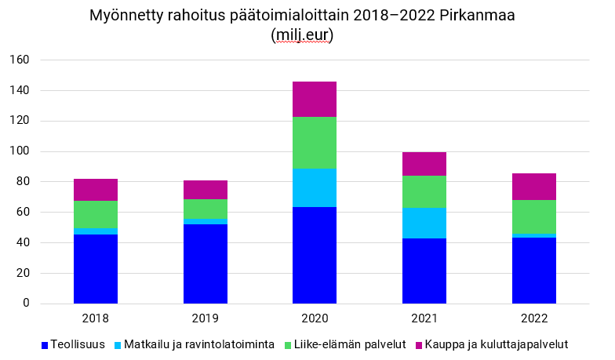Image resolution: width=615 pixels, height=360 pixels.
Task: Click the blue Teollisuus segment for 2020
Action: click(x=315, y=255)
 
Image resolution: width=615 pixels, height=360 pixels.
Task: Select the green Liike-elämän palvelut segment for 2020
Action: click(x=315, y=143)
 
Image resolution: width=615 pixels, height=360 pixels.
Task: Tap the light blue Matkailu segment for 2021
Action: click(x=424, y=223)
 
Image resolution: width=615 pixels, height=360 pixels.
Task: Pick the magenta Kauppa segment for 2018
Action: click(x=96, y=190)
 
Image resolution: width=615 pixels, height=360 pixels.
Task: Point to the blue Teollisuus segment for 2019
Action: click(x=206, y=264)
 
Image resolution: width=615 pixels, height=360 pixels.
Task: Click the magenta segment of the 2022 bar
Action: click(x=534, y=187)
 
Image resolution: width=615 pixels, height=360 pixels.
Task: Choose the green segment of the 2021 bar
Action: click(x=424, y=191)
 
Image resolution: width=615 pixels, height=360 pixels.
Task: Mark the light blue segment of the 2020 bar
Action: click(x=315, y=187)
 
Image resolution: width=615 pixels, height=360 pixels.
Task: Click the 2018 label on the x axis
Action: click(x=96, y=319)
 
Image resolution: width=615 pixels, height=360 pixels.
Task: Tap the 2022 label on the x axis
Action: click(x=534, y=319)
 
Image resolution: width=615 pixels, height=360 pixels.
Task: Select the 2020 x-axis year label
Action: click(x=315, y=319)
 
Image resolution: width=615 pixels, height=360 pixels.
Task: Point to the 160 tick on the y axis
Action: click(x=20, y=60)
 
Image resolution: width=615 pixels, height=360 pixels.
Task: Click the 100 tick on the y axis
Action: click(x=20, y=151)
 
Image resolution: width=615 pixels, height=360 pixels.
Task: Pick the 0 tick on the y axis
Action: click(x=27, y=304)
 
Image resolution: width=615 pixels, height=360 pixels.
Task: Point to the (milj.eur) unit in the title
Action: click(x=302, y=35)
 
